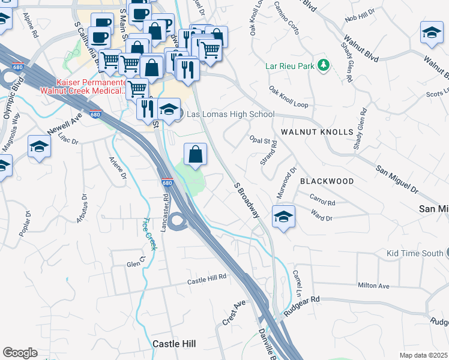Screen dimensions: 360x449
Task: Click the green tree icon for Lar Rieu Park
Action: [324, 64]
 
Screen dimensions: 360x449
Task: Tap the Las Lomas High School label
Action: [231, 114]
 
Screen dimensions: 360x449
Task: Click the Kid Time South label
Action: [414, 253]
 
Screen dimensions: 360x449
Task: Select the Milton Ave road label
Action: [373, 286]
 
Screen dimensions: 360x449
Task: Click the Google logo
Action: [20, 353]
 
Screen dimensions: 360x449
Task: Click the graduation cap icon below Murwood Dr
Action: [283, 216]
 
